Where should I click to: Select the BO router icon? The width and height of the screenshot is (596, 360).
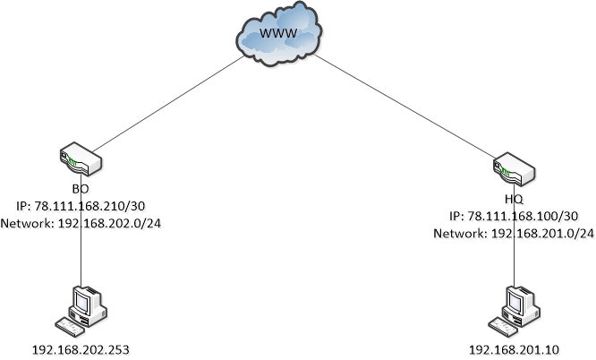coord(81,162)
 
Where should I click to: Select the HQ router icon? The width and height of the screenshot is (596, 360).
coord(514,168)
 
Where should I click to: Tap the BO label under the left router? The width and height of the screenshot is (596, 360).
coord(81,190)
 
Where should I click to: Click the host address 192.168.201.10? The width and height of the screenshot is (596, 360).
coord(514,347)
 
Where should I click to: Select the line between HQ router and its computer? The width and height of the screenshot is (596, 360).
coord(515,264)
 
